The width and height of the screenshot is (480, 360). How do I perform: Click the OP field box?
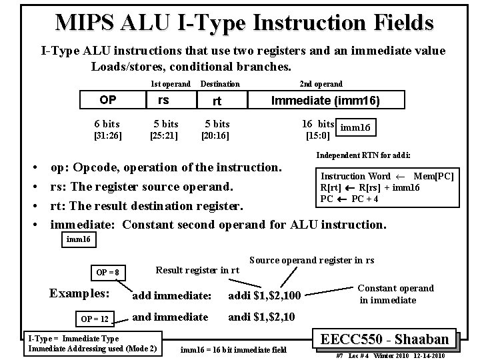[107, 100]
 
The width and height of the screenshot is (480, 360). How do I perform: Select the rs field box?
[163, 100]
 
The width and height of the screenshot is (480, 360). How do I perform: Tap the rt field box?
[216, 101]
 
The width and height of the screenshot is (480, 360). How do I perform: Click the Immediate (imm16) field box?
[325, 101]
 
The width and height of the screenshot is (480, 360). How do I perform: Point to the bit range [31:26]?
[107, 135]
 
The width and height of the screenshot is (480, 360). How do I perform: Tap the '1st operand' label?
[171, 84]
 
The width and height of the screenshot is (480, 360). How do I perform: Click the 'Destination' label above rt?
[220, 84]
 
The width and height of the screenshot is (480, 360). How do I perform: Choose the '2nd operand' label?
[321, 84]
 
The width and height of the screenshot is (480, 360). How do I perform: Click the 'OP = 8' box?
[107, 272]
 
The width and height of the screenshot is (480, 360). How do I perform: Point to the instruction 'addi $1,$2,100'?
[265, 295]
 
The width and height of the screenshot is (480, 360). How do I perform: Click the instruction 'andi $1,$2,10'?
[262, 317]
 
